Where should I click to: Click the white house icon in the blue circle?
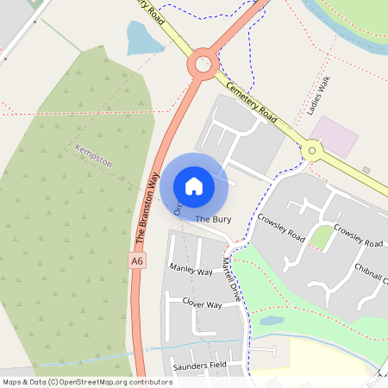pos(194,185)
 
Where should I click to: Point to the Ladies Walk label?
pos(325,96)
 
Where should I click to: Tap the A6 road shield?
pos(136,260)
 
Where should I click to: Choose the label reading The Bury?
pos(213,220)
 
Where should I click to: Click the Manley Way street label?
pos(191,271)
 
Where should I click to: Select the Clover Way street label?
pos(201,304)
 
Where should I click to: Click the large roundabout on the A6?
pos(203,64)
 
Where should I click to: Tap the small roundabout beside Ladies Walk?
pos(311,151)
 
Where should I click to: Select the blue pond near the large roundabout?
pos(142,38)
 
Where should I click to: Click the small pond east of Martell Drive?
pos(272,321)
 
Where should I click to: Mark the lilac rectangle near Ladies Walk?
pos(334,137)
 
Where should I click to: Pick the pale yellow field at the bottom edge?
pos(336,358)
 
